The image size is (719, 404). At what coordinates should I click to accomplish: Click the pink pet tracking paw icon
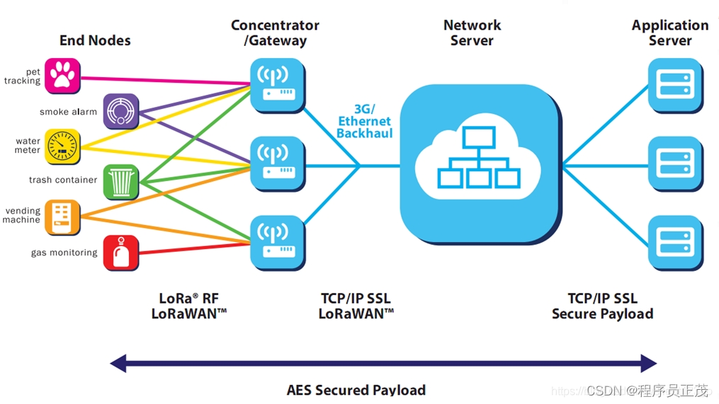[x=62, y=76]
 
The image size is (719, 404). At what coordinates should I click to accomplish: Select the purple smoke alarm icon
[x=121, y=111]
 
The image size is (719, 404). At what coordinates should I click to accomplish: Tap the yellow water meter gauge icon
[x=62, y=147]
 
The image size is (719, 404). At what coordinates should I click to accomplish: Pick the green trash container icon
[x=121, y=183]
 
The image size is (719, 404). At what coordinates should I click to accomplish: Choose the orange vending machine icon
[x=62, y=218]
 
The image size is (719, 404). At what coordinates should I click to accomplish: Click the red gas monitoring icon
[x=121, y=253]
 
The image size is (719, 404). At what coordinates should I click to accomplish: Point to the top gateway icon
[x=278, y=86]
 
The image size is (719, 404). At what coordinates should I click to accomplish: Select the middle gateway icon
[x=278, y=164]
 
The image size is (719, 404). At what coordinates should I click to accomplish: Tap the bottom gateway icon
[x=278, y=243]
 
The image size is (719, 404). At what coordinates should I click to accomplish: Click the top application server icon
[x=676, y=86]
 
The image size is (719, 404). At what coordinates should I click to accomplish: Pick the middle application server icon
[x=676, y=164]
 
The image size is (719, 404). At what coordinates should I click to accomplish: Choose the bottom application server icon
[x=676, y=243]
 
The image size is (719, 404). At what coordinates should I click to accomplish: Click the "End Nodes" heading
[x=95, y=40]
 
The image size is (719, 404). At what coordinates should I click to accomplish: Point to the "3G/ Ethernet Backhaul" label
[x=365, y=122]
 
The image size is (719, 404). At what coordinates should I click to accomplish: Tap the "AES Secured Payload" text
[x=356, y=390]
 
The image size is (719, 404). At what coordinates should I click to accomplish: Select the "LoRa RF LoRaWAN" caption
[x=189, y=306]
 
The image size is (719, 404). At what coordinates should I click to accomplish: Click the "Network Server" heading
[x=472, y=33]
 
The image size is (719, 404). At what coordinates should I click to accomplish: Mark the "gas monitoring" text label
[x=64, y=253]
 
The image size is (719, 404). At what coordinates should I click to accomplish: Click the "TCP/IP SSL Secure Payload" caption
[x=603, y=306]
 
